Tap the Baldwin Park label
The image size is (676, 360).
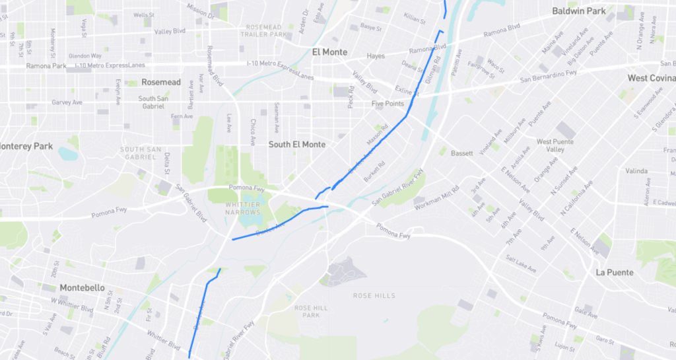point(578,11)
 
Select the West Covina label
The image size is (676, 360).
point(650,78)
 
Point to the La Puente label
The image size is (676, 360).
point(615,272)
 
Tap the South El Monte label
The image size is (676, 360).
point(297,144)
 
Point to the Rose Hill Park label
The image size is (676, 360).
point(310,312)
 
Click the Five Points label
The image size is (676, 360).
point(387,104)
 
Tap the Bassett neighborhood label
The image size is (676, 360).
point(462,153)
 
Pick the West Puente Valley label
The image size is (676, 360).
point(555,145)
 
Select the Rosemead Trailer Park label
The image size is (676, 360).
point(263,30)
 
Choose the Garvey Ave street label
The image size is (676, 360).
point(67,102)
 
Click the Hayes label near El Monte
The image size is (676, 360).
point(376,56)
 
